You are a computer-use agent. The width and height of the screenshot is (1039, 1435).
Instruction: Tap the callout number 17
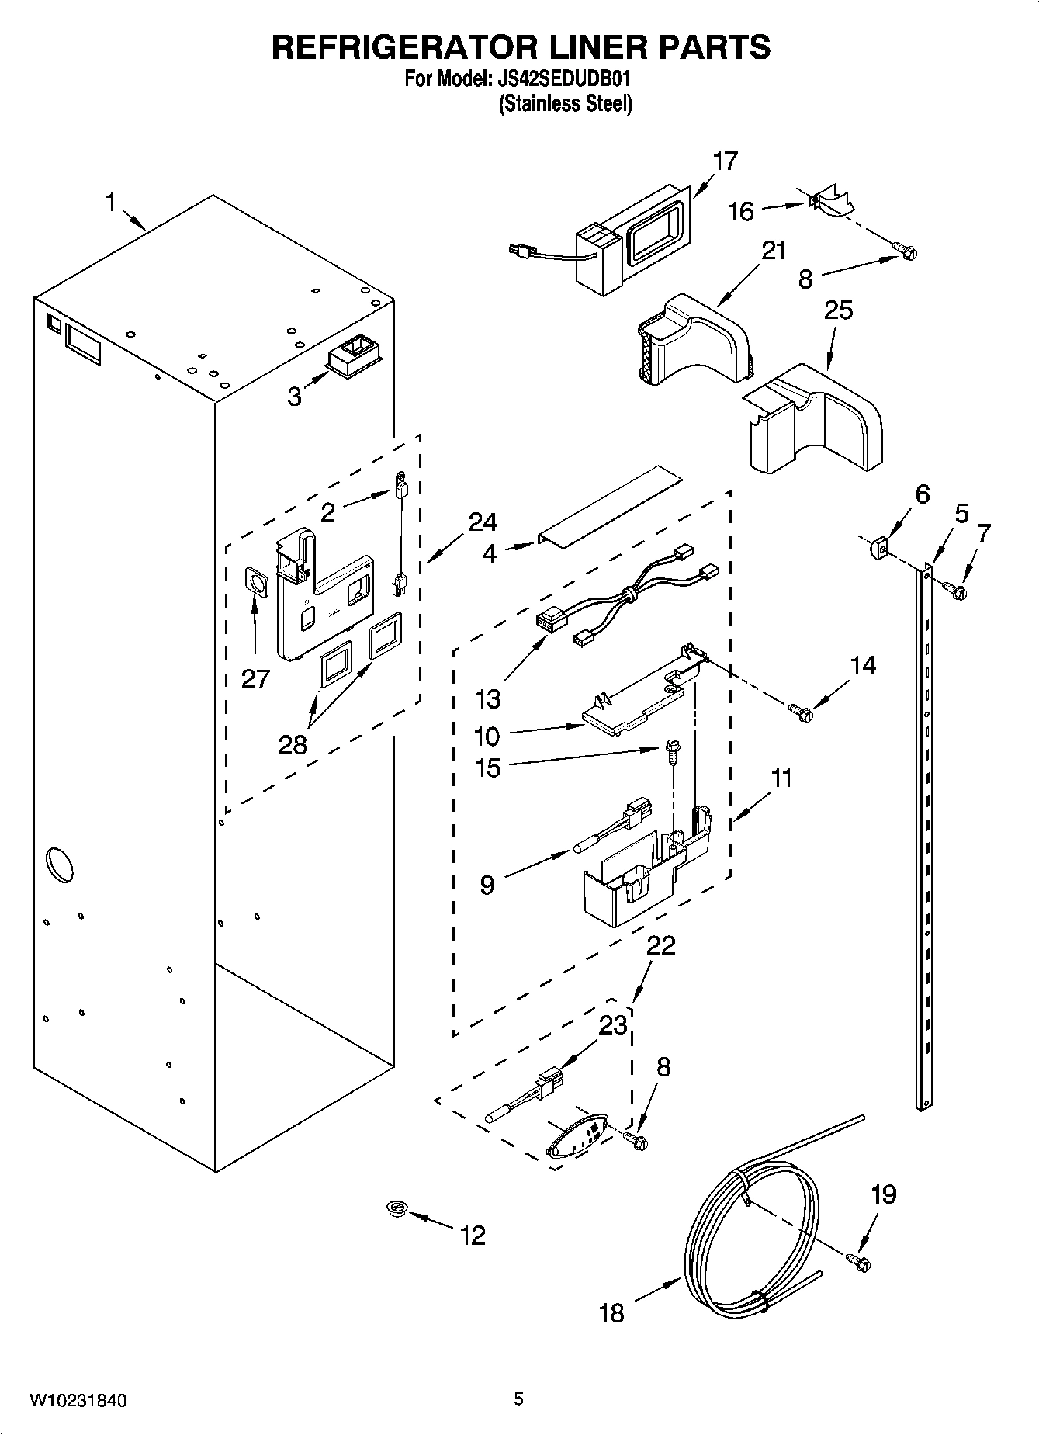[x=725, y=161]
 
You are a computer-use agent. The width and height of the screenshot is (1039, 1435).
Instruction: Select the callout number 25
[x=838, y=310]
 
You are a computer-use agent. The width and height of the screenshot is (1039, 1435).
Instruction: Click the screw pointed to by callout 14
[x=799, y=710]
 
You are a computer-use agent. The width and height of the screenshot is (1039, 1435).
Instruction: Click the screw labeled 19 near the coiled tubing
[x=860, y=1263]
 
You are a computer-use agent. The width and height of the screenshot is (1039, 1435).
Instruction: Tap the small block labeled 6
[x=878, y=549]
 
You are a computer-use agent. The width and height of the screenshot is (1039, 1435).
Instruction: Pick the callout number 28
[x=293, y=744]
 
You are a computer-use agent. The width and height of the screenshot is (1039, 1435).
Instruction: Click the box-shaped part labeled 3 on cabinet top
[x=354, y=359]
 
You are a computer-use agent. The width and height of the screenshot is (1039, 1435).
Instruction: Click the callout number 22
[x=661, y=945]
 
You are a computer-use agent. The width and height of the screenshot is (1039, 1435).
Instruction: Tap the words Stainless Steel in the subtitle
[x=565, y=103]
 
